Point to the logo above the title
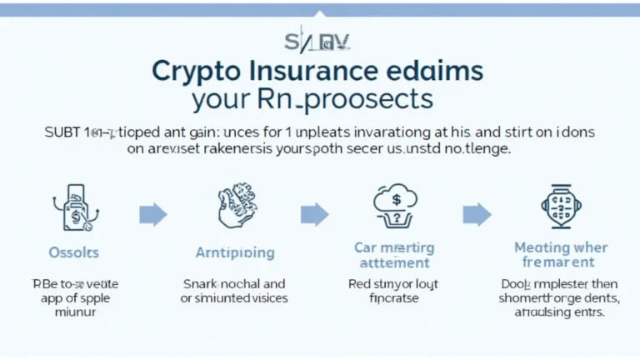[x=319, y=41]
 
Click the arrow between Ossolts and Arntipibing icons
[x=152, y=214]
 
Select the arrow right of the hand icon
[x=314, y=214]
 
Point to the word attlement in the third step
[x=393, y=262]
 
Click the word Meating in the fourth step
[x=542, y=247]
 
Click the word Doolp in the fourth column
[x=519, y=283]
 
